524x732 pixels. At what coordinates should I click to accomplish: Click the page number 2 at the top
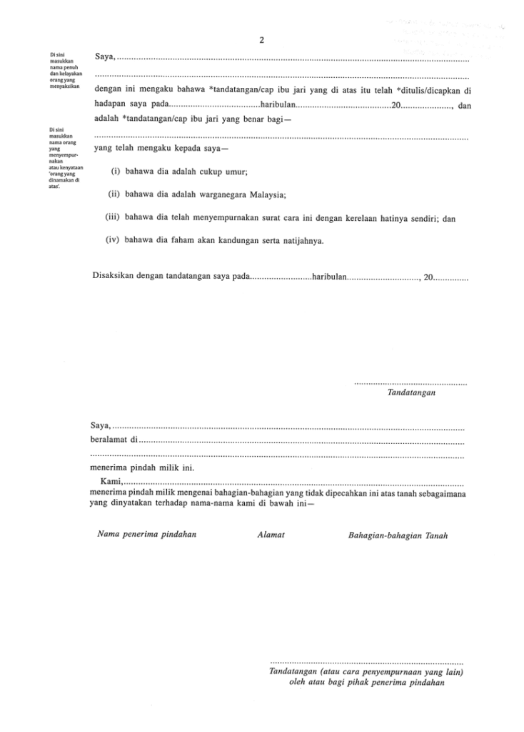[262, 41]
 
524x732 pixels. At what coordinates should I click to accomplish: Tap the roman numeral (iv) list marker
[114, 240]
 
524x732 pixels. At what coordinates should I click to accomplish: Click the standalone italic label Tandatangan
[412, 392]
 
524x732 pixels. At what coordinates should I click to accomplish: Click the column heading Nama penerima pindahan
[146, 534]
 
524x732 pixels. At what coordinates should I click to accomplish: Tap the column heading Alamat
[271, 535]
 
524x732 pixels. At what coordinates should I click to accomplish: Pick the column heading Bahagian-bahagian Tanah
[398, 535]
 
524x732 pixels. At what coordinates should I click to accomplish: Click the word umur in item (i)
[237, 172]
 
